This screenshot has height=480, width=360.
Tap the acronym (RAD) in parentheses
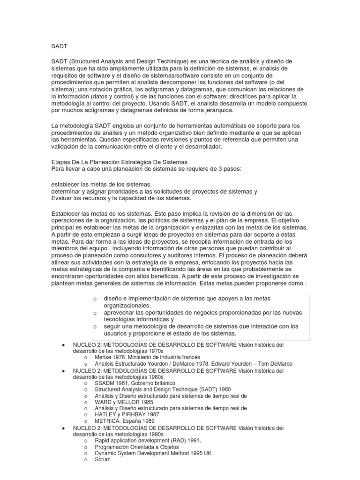pyautogui.click(x=175, y=441)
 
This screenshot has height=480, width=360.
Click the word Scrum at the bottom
pyautogui.click(x=103, y=459)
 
